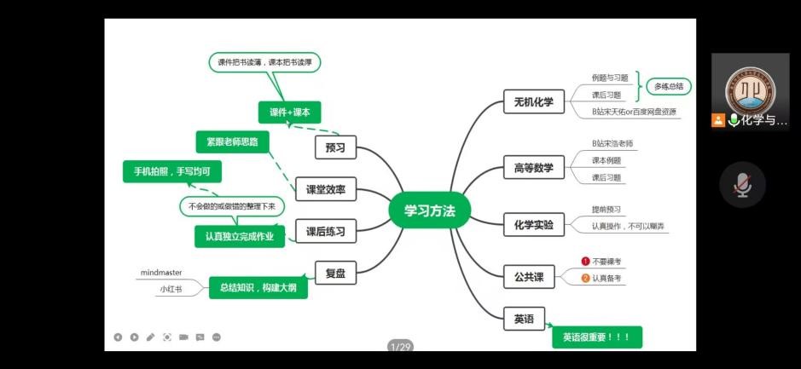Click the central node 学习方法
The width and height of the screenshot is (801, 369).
click(429, 210)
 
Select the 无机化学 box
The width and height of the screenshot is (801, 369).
click(533, 102)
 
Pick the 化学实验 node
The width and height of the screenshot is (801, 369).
click(533, 225)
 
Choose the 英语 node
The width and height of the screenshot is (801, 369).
click(523, 319)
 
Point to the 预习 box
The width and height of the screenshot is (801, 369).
click(335, 147)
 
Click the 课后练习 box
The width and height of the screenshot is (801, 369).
click(325, 231)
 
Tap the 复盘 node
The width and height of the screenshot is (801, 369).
click(335, 274)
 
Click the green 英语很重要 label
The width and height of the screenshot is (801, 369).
click(596, 337)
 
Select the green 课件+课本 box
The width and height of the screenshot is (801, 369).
click(289, 112)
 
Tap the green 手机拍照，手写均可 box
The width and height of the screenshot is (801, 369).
click(171, 172)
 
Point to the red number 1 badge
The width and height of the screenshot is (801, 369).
click(586, 262)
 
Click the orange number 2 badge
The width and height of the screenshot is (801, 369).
click(586, 278)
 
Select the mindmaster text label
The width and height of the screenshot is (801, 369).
click(161, 273)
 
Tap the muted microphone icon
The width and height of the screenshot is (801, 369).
click(742, 184)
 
